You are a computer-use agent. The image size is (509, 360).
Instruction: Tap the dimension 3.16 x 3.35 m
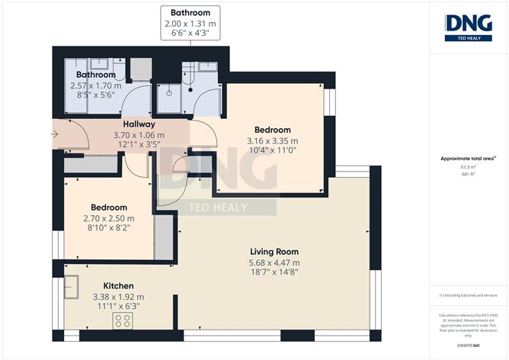click(272, 141)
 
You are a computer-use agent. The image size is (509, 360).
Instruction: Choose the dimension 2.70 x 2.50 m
click(109, 219)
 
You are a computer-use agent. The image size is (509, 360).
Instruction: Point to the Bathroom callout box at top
click(190, 24)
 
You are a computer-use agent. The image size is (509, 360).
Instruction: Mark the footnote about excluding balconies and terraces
click(468, 295)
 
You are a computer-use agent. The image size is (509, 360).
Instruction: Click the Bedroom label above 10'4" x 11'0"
click(272, 130)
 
